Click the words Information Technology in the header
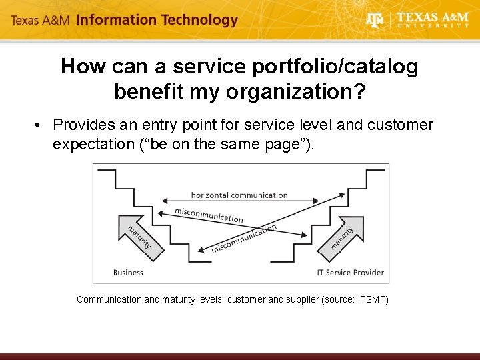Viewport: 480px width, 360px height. coord(157,20)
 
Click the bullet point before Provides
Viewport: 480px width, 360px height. coord(41,125)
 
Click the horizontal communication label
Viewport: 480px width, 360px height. coord(239,195)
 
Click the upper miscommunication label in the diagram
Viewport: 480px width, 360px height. coord(209,215)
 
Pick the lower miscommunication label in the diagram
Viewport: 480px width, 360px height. coord(243,239)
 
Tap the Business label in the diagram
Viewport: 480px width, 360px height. coord(128,272)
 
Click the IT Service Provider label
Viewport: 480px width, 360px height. coord(350,272)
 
